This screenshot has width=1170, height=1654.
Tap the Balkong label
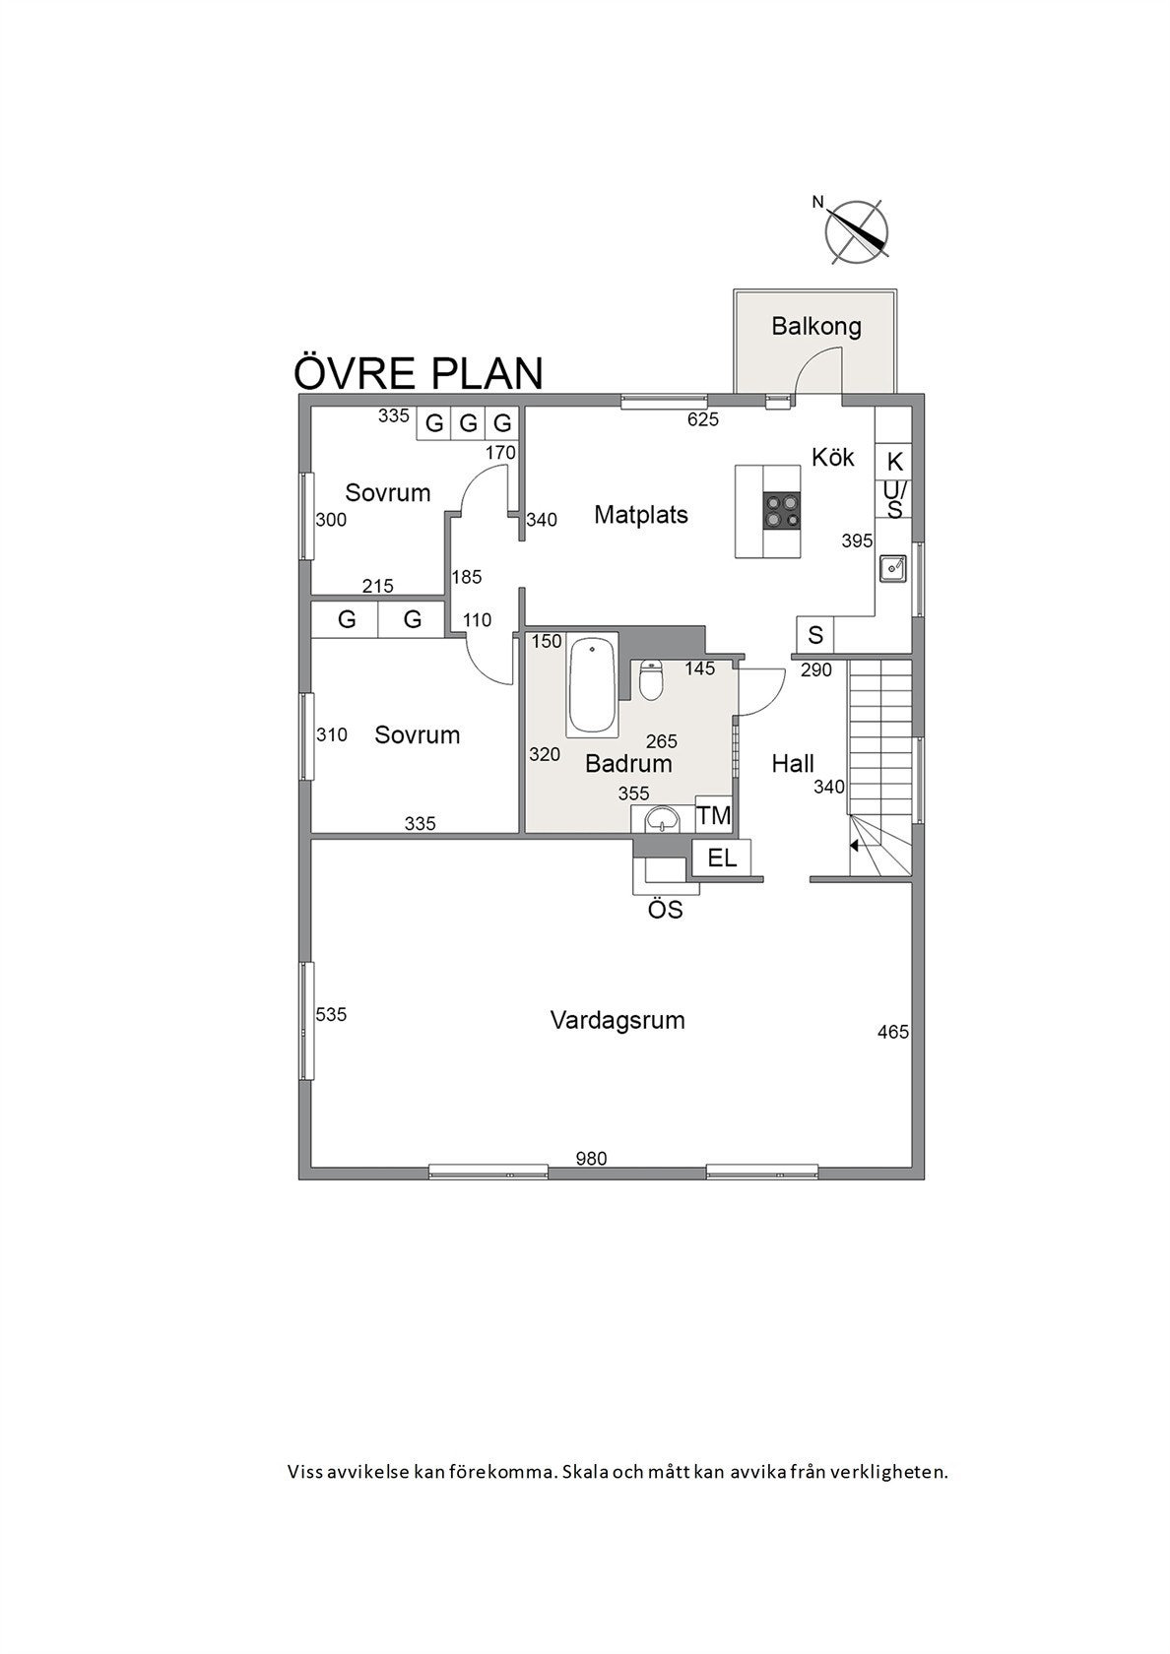pos(815,326)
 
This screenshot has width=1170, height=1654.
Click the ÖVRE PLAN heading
pos(419,374)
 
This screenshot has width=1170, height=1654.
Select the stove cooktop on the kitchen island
pos(784,511)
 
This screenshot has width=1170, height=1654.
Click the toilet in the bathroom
pos(651,680)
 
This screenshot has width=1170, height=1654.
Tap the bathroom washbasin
pos(659,819)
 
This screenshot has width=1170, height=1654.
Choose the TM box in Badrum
pos(714,815)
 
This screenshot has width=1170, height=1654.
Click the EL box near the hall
pos(722,858)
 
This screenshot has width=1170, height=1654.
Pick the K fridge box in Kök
pos(894,461)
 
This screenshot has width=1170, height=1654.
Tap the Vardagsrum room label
pos(617,1020)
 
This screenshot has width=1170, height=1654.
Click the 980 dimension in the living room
pos(591,1159)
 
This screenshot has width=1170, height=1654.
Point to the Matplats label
pos(641,515)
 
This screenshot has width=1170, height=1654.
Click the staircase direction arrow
pos(855,844)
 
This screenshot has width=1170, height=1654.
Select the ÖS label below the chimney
pos(666,911)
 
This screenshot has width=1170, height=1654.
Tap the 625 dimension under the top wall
pos(703,419)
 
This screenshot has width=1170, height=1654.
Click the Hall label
pos(793,764)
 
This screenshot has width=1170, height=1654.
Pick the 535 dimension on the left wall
pos(332,1014)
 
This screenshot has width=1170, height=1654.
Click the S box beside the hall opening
pos(815,636)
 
